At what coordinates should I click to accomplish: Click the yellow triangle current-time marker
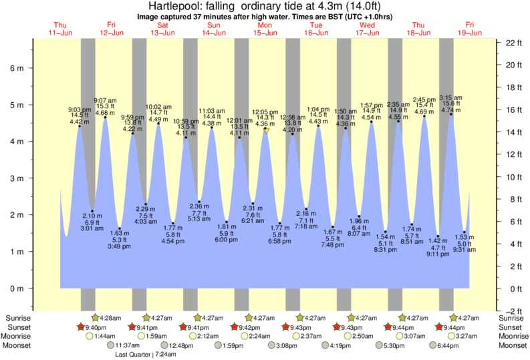click(266, 131)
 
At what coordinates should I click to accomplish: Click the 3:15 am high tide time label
click(451, 98)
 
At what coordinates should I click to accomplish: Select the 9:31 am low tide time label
click(465, 249)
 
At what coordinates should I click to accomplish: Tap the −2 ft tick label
click(513, 311)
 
